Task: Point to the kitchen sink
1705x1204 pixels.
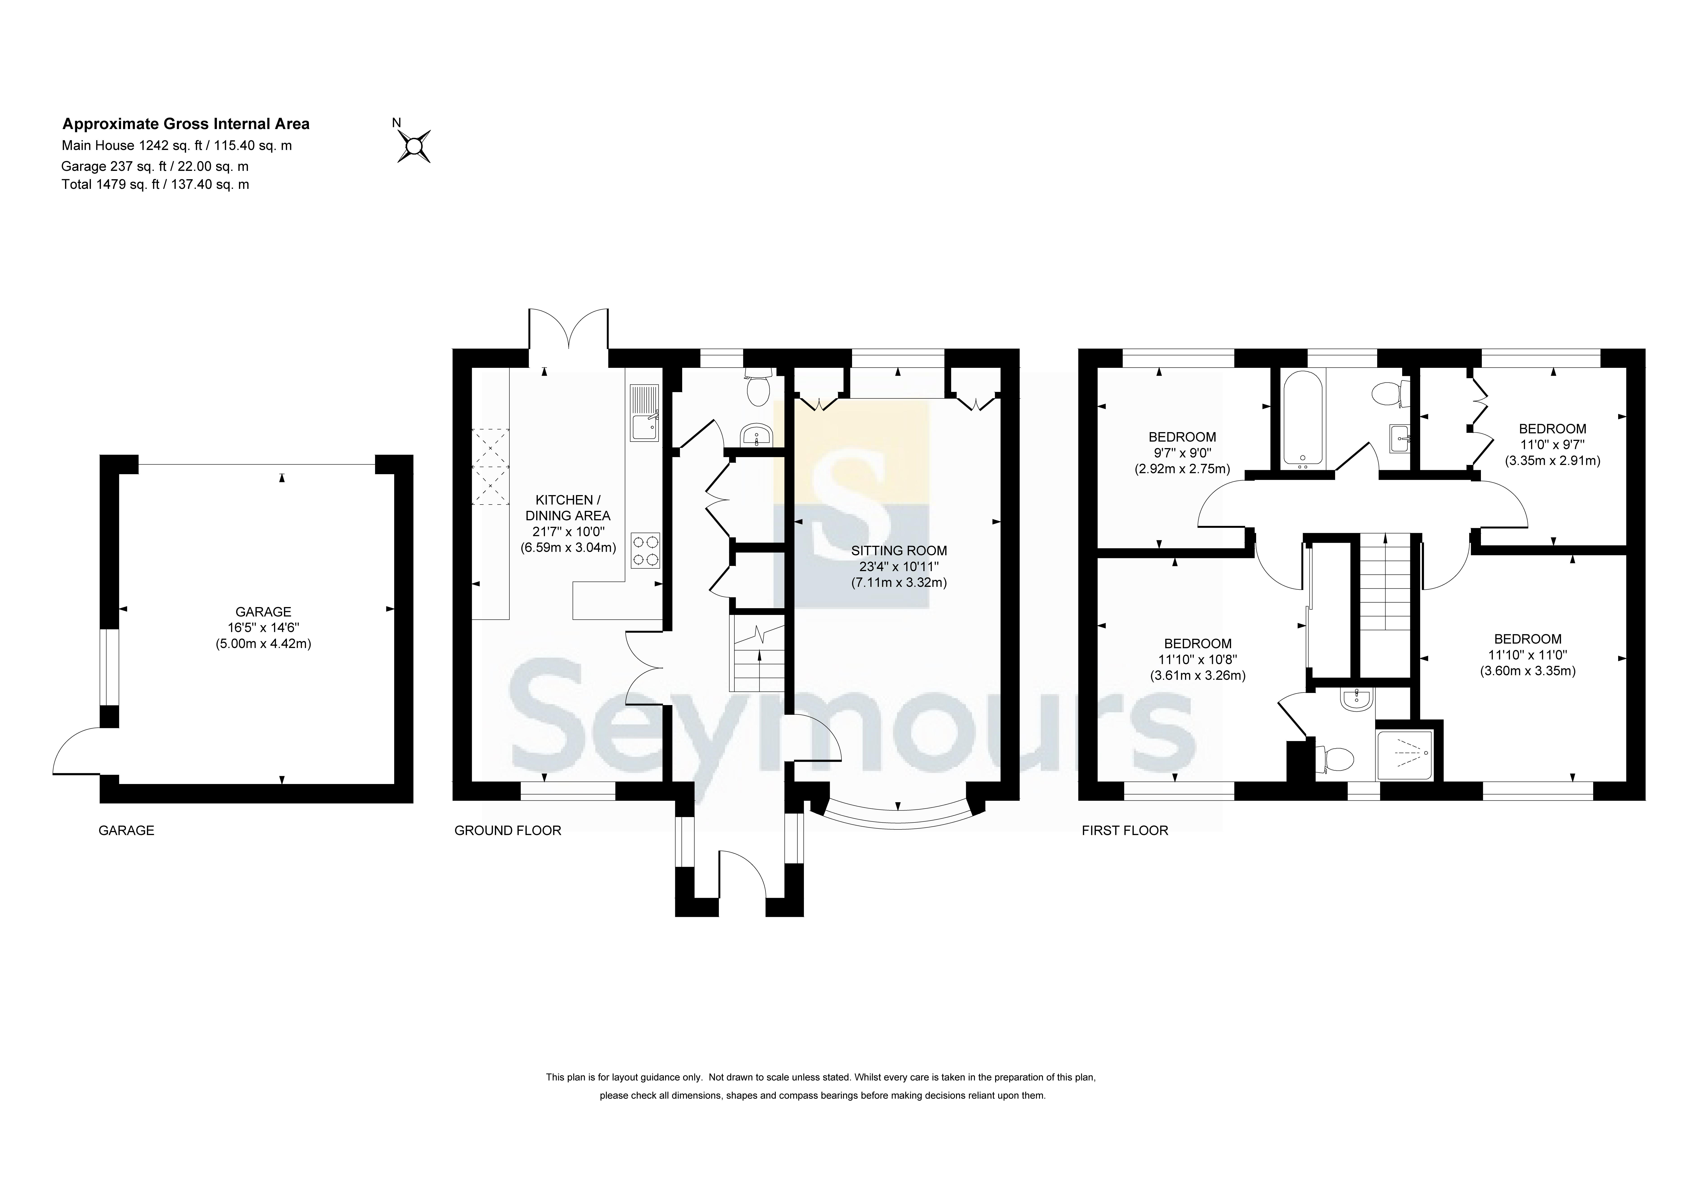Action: tap(644, 413)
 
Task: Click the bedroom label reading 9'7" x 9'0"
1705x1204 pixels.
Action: tap(1182, 453)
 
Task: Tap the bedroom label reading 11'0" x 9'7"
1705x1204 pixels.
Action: tap(1552, 444)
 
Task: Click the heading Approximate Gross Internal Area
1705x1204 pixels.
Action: tap(186, 124)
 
